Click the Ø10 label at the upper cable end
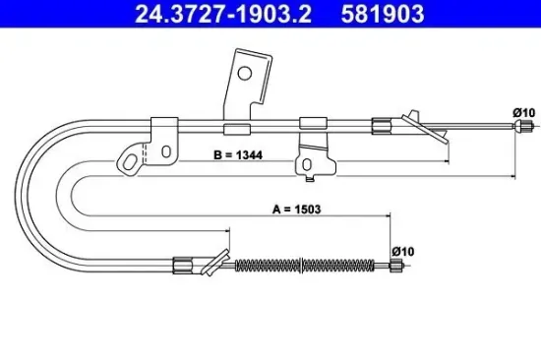tap(522, 113)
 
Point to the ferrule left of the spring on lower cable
tap(184, 263)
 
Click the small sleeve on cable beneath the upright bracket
tap(236, 128)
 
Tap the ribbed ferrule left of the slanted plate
tap(381, 124)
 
